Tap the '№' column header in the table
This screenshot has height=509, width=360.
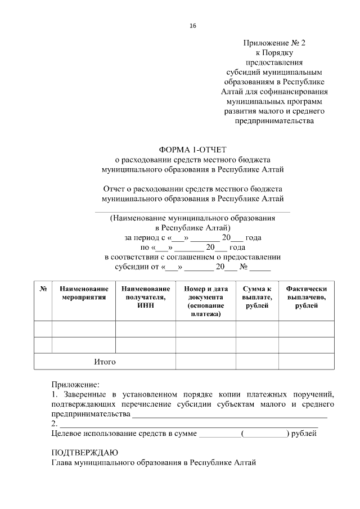tap(43, 288)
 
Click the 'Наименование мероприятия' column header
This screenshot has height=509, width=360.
tap(84, 292)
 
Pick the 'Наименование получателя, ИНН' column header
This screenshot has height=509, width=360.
tap(146, 296)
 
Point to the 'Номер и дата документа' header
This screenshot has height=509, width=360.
tap(205, 301)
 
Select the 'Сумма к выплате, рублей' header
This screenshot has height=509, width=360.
tap(257, 296)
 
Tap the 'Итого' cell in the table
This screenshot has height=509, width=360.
tap(105, 362)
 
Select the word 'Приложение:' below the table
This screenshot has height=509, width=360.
tap(75, 385)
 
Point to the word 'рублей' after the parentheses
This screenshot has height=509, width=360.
tap(304, 434)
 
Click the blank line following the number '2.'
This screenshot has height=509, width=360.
tap(188, 425)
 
